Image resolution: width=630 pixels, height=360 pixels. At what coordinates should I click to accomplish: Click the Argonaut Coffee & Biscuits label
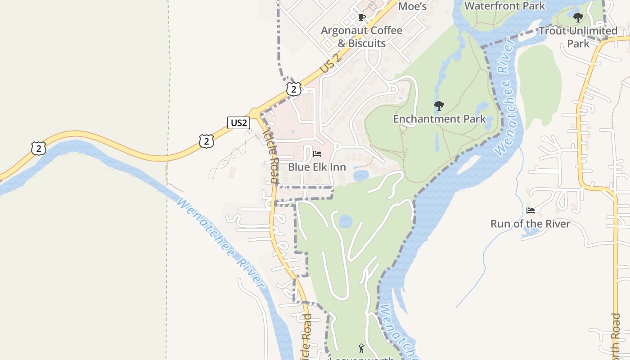[361, 37]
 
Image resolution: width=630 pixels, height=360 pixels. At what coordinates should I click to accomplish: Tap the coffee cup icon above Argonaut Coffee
[361, 18]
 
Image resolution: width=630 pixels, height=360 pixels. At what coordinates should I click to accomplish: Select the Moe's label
[412, 6]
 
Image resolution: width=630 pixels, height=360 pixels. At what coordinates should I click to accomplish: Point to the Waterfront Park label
[504, 6]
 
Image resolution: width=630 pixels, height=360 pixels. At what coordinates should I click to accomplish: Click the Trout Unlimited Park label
[578, 37]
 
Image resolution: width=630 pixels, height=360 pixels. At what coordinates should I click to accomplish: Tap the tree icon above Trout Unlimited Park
[578, 18]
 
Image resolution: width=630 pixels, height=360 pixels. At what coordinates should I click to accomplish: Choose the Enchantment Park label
[439, 119]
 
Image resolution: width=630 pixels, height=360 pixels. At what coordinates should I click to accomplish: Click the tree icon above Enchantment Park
[439, 106]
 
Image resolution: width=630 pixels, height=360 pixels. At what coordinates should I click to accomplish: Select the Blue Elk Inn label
[317, 167]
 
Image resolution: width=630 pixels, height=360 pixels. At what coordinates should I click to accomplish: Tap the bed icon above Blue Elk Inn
[317, 154]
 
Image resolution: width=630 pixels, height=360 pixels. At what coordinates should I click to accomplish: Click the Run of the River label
[530, 224]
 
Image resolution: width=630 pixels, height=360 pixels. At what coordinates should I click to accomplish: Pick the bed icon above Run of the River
[531, 210]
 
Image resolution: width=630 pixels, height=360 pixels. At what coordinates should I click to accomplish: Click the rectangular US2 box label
[238, 122]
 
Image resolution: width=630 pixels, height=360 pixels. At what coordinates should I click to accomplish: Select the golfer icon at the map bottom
[361, 348]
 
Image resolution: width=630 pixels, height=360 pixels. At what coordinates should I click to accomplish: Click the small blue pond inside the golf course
[345, 221]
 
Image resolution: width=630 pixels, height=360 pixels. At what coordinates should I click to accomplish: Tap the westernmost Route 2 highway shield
[39, 148]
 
